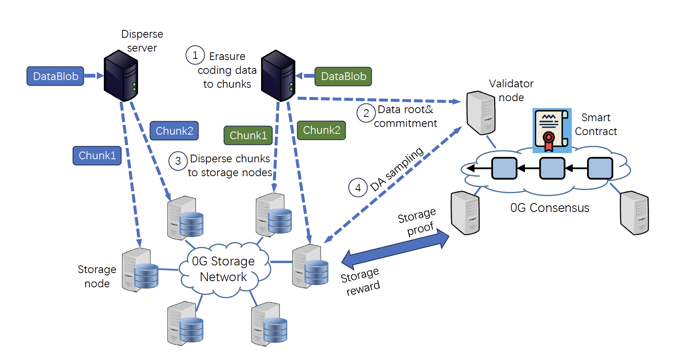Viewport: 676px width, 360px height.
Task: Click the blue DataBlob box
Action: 55,76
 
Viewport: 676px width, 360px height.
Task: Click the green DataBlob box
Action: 343,76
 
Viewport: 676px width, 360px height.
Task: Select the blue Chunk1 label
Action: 97,155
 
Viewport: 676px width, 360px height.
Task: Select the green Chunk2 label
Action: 321,130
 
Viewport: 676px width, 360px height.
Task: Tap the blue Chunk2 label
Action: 174,131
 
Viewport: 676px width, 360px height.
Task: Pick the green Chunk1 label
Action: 248,135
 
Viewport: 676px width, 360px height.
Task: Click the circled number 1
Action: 195,55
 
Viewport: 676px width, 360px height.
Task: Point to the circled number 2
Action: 366,113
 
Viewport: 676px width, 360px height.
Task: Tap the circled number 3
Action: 178,161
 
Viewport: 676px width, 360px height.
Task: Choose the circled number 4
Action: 358,188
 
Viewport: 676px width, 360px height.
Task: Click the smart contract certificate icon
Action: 552,130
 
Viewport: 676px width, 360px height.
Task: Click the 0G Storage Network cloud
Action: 224,269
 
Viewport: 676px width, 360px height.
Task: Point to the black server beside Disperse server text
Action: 121,76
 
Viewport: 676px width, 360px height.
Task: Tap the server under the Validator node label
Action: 481,112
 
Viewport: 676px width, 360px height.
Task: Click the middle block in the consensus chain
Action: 552,168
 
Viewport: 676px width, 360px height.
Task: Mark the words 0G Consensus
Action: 549,208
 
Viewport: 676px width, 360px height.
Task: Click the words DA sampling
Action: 397,169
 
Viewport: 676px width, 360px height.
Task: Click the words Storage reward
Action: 360,282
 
